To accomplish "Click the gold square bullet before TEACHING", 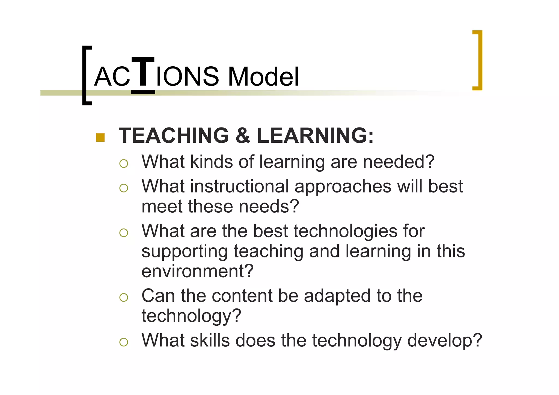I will (100, 138).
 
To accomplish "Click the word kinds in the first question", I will (211, 162).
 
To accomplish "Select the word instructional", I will (239, 186).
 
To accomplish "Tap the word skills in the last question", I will (210, 340).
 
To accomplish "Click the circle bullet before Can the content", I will (124, 297).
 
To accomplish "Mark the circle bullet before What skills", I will (124, 342).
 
